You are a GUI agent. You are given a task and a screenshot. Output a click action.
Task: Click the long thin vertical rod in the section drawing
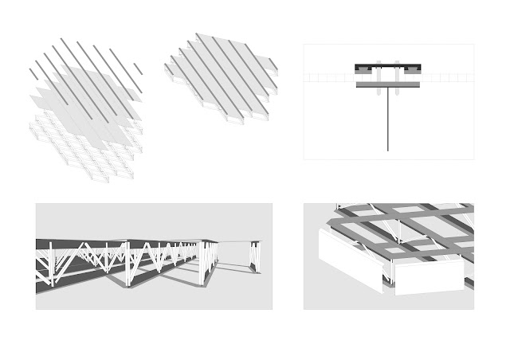pyautogui.click(x=388, y=119)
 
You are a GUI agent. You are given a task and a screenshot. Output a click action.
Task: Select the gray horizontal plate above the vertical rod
pyautogui.click(x=388, y=84)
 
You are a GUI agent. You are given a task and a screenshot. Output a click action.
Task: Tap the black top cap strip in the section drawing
pyautogui.click(x=388, y=66)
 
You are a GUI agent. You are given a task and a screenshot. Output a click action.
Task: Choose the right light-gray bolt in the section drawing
pyautogui.click(x=398, y=72)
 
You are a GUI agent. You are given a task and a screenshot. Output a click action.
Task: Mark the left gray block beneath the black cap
pyautogui.click(x=365, y=72)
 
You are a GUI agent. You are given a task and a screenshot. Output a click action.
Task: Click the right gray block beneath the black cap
pyautogui.click(x=412, y=72)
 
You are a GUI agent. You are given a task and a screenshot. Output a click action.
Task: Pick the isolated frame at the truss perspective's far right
pyautogui.click(x=254, y=257)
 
